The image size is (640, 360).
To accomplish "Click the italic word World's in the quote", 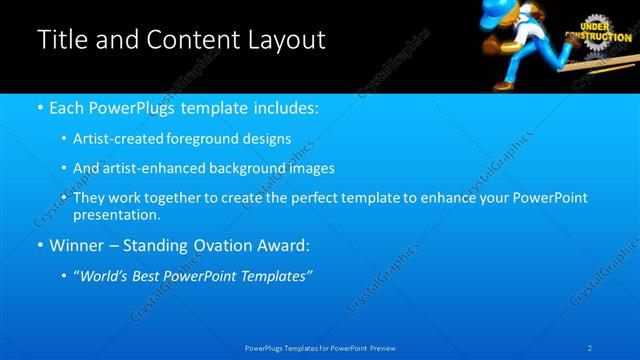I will [x=107, y=276].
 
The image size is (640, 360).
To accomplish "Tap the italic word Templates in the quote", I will [x=275, y=276].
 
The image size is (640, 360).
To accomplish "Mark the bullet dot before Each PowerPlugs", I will [x=39, y=107].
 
